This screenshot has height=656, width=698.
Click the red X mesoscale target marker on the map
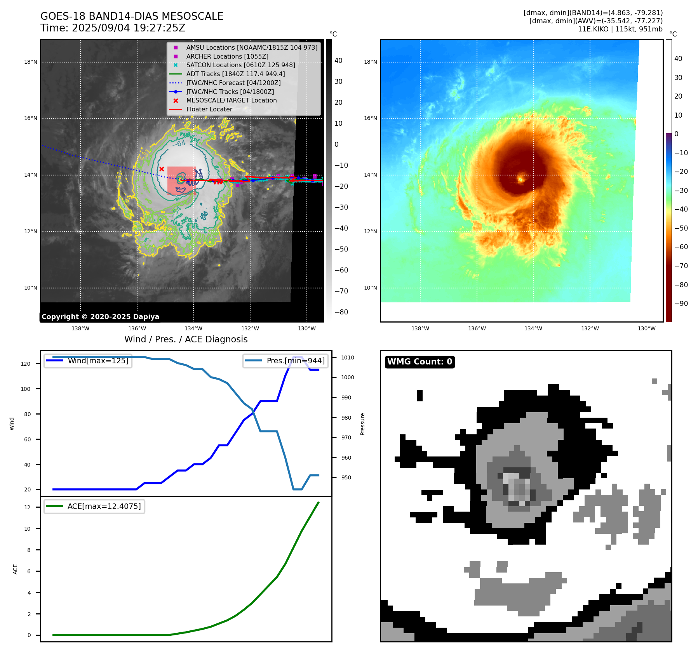pos(162,169)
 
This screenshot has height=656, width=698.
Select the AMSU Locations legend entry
pos(251,47)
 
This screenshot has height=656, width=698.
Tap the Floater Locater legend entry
pos(209,109)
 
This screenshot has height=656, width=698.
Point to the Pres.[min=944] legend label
pos(295,361)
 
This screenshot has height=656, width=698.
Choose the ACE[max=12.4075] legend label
pos(104,506)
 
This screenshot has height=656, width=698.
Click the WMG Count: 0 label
pos(419,362)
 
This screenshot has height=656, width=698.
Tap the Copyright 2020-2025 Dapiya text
pos(100,317)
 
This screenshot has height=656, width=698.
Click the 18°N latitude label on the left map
pos(31,62)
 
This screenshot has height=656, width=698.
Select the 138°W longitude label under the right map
pos(420,328)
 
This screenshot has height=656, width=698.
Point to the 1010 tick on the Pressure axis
pos(348,358)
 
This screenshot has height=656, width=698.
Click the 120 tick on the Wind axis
pos(26,364)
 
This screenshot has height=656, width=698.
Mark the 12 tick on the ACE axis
pos(27,507)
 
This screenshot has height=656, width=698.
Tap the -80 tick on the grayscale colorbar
pos(341,312)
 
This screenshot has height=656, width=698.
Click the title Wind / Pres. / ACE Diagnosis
pos(186,339)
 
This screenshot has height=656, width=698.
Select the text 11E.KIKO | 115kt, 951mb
pos(620,29)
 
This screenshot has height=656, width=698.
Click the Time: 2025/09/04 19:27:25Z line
pos(113,28)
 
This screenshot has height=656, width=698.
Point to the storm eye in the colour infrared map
pos(520,179)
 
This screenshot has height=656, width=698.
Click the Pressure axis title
pos(362,424)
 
